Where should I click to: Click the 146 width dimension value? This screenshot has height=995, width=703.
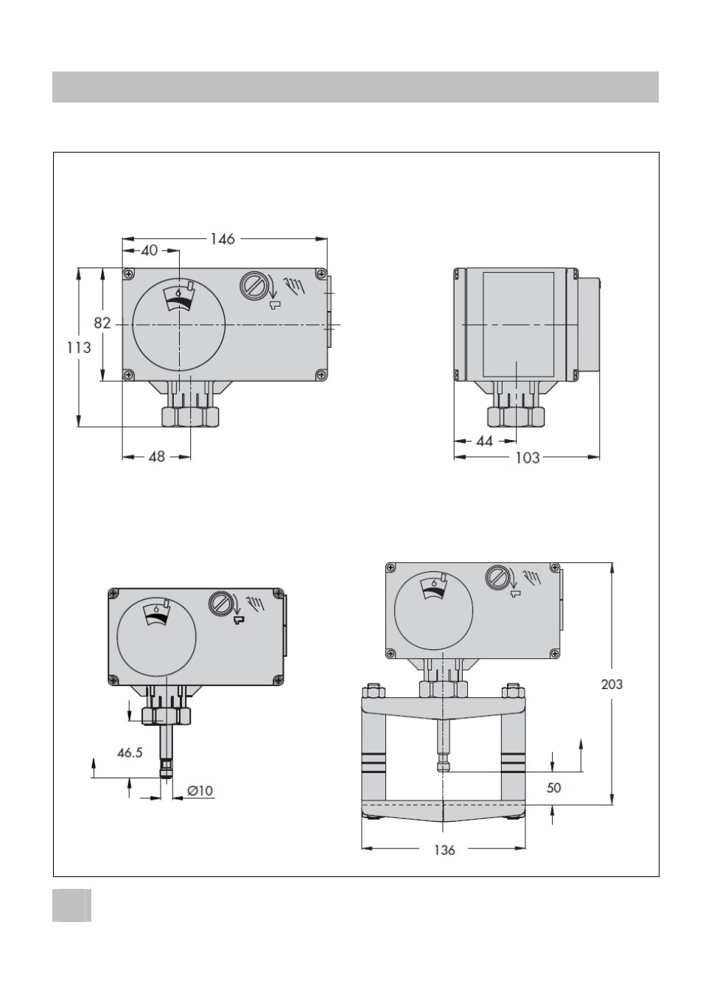coord(222,239)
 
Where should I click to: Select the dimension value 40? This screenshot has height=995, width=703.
coord(149,250)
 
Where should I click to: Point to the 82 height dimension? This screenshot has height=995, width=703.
coord(102,323)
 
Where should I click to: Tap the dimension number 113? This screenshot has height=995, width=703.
coord(79,347)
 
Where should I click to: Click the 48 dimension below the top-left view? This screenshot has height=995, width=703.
coord(156,456)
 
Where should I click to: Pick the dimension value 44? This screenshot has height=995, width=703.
coord(484,441)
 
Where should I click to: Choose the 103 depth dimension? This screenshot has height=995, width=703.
coord(527,458)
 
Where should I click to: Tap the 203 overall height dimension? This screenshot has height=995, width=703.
coord(612,685)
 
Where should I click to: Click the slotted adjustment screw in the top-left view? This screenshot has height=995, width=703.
coord(253,284)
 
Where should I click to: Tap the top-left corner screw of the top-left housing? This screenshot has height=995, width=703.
coord(129,274)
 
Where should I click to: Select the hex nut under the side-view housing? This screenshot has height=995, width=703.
coord(516,416)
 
